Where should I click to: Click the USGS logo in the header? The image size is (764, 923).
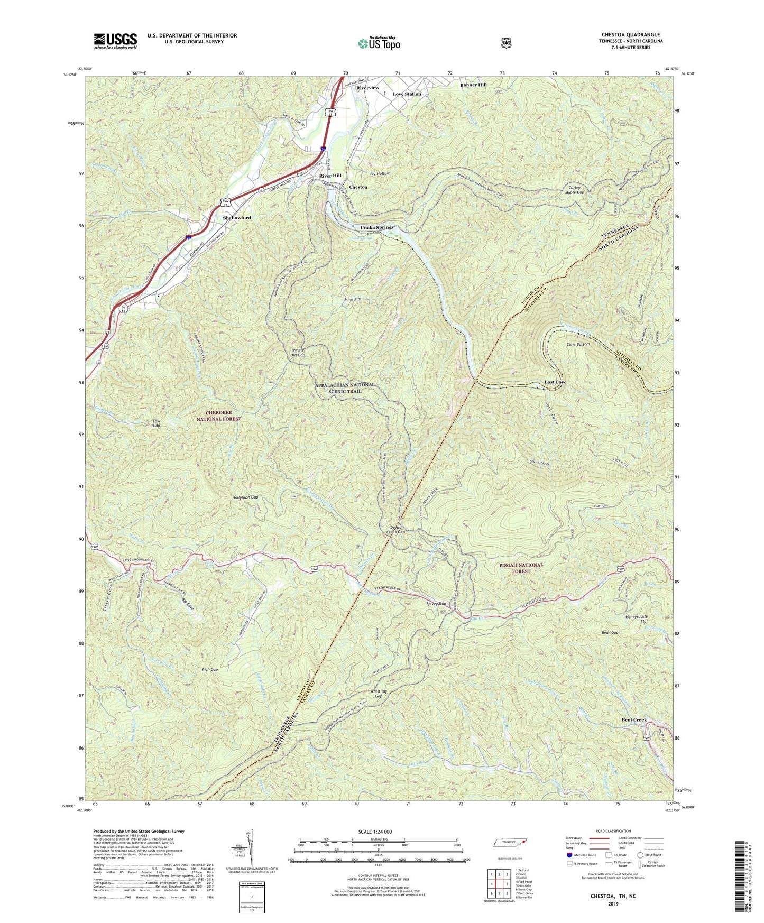(x=115, y=41)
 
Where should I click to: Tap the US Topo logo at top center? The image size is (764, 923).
(x=379, y=43)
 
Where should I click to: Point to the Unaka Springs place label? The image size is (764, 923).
(x=376, y=228)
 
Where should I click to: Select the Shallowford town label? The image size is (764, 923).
(x=236, y=218)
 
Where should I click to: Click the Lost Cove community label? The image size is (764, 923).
(x=555, y=382)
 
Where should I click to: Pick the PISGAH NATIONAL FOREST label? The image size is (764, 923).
(x=521, y=568)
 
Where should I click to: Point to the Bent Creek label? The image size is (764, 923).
(x=634, y=720)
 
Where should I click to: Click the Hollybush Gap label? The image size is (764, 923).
(x=245, y=497)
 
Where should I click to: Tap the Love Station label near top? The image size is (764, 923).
(x=407, y=94)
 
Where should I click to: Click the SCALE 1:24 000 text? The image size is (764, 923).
(x=375, y=832)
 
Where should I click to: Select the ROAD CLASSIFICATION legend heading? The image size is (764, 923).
(x=613, y=831)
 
